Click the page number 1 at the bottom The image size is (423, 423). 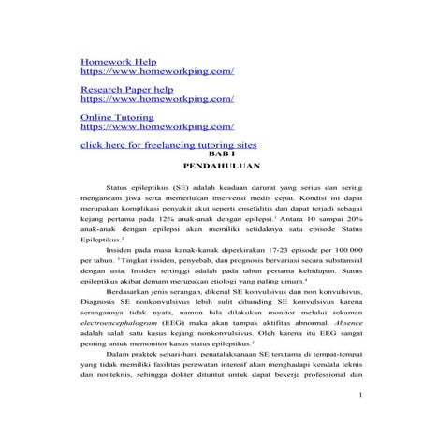[x=360, y=397]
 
